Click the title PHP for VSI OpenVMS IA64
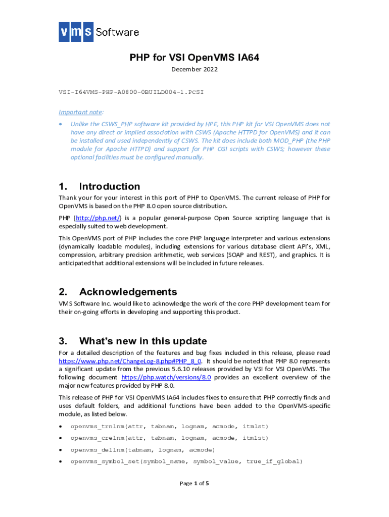click(x=194, y=58)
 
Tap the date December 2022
click(x=194, y=69)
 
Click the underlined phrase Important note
click(x=81, y=112)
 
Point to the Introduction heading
click(x=110, y=186)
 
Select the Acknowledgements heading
click(x=128, y=292)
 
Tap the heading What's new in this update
click(x=143, y=341)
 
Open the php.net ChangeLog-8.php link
click(x=130, y=361)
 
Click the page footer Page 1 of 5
click(x=194, y=484)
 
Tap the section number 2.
click(x=63, y=292)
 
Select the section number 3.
click(x=63, y=341)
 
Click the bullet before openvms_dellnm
click(x=61, y=450)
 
